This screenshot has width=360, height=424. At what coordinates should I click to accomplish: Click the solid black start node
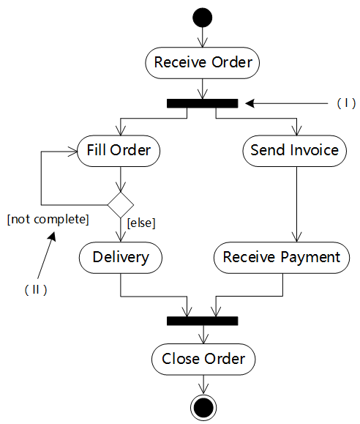point(203,18)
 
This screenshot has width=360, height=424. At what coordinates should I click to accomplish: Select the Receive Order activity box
point(203,63)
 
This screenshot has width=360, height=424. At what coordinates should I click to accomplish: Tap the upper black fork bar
point(203,103)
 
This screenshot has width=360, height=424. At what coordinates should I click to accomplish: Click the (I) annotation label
point(346,103)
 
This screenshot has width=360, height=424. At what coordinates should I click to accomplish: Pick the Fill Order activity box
point(119,151)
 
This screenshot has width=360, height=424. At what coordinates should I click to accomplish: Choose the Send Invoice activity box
point(295,151)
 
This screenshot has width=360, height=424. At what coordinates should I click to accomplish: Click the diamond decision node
point(121,205)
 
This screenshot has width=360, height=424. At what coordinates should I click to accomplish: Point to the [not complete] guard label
point(48,219)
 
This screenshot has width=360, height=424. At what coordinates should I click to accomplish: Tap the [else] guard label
point(141,223)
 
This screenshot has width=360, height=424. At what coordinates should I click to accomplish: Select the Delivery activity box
point(121,258)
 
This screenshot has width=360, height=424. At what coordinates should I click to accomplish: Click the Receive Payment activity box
point(282,258)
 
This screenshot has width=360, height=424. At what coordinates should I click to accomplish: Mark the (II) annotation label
point(36,290)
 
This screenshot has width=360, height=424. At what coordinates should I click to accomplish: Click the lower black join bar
point(203,321)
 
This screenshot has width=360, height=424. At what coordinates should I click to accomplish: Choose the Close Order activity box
point(203,360)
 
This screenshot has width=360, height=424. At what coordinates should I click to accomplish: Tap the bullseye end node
point(203,408)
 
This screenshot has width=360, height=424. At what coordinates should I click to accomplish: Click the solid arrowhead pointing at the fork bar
point(250,103)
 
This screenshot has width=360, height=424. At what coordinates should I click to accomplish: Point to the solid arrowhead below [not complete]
point(52,237)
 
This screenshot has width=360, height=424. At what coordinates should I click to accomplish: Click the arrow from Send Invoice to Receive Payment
point(297,204)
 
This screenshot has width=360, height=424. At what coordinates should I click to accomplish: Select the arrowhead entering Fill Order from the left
point(73,152)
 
